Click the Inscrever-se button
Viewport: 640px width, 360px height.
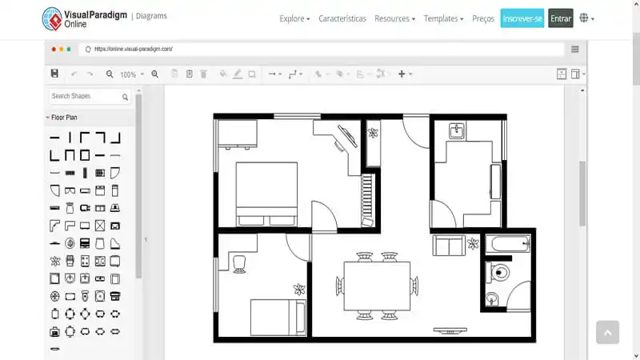522,18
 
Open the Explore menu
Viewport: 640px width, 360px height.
294,18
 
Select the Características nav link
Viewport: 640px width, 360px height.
342,18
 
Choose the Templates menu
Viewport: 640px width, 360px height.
443,18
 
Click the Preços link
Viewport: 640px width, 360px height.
483,18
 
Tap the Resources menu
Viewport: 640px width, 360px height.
394,18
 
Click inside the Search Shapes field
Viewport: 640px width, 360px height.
83,97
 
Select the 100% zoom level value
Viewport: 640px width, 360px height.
128,74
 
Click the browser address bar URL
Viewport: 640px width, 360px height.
134,49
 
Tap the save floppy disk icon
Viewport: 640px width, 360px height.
54,74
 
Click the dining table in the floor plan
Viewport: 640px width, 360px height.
377,285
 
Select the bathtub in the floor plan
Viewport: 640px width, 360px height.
508,243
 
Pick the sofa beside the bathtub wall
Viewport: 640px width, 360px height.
447,245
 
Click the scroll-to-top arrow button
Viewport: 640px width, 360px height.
607,332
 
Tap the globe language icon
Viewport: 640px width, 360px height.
585,18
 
